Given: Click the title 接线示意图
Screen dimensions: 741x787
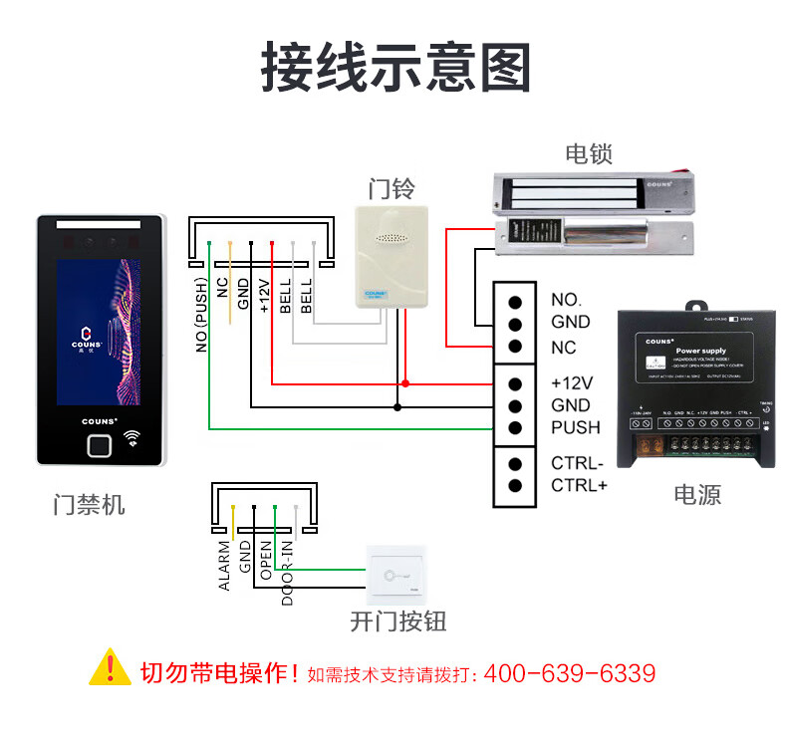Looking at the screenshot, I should coord(394,68).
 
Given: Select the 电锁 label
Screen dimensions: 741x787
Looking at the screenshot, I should coord(588,154).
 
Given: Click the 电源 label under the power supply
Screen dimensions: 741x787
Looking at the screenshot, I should coord(696,494).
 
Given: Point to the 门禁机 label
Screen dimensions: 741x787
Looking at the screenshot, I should coord(90,505).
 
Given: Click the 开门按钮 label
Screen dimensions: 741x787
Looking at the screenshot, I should coord(397,622).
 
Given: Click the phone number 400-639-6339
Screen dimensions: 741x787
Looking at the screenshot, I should coord(570,673).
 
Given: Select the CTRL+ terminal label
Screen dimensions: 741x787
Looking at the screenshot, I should coord(578,485).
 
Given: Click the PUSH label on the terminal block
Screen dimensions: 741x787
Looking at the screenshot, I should coord(576,427).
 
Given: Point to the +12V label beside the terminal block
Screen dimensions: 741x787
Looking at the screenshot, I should coord(572,382).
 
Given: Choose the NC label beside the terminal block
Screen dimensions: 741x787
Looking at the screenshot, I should coord(564,348).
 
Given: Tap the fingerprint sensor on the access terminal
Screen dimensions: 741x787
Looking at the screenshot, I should coord(99,444).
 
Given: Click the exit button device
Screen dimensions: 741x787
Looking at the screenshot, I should coord(395,575).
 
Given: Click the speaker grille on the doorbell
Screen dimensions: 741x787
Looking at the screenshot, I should coord(391,240).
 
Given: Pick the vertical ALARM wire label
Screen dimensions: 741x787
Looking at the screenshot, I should coord(225,566).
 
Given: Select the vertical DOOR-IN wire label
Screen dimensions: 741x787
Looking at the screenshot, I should coord(288,573).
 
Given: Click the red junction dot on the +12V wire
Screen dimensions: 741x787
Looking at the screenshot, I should coord(405,383).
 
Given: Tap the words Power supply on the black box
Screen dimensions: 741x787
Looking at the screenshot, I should coord(700,352).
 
